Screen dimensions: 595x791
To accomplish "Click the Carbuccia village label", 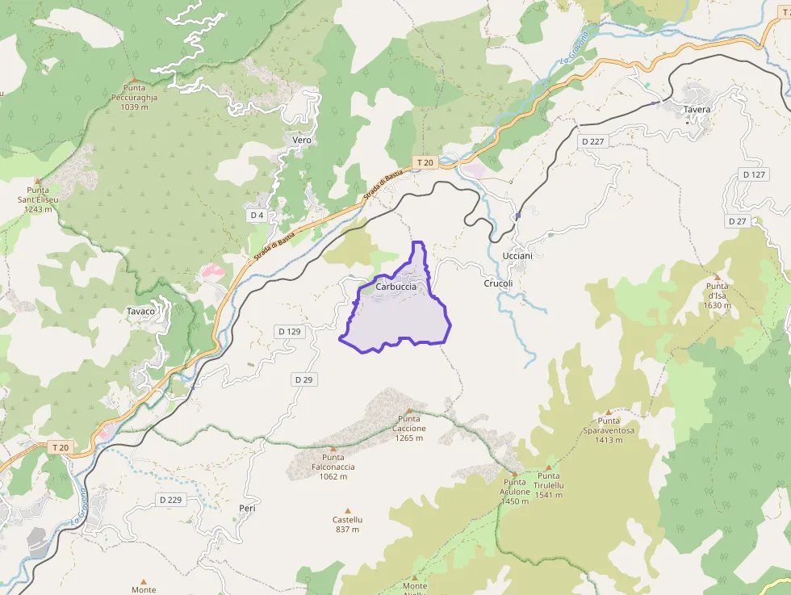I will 396,287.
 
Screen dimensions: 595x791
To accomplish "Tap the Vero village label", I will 302,140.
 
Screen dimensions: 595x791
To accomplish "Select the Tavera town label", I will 697,110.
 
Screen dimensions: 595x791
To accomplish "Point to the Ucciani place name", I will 517,256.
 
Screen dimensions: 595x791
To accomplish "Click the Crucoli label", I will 498,284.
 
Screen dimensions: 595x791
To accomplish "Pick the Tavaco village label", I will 140,312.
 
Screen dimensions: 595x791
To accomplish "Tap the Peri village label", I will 247,508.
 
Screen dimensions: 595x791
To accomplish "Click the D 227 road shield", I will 593,141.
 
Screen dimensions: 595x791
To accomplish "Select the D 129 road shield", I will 289,332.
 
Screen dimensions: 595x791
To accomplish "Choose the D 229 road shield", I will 170,500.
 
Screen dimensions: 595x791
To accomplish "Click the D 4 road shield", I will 257,216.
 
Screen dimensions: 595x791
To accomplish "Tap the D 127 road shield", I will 754,175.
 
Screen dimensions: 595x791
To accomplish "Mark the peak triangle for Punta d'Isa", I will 717,277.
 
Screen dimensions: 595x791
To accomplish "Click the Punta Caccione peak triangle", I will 408,410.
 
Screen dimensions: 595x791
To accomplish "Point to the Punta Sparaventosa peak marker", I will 609,412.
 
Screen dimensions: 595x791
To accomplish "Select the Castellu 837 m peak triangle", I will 348,511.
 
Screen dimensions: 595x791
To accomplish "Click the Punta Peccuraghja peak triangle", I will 134,79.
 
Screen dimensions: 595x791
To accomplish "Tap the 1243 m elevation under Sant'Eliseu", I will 37,209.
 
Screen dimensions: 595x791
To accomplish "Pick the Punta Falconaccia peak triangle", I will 333,448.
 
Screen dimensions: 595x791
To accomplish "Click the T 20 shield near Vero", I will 425,163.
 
